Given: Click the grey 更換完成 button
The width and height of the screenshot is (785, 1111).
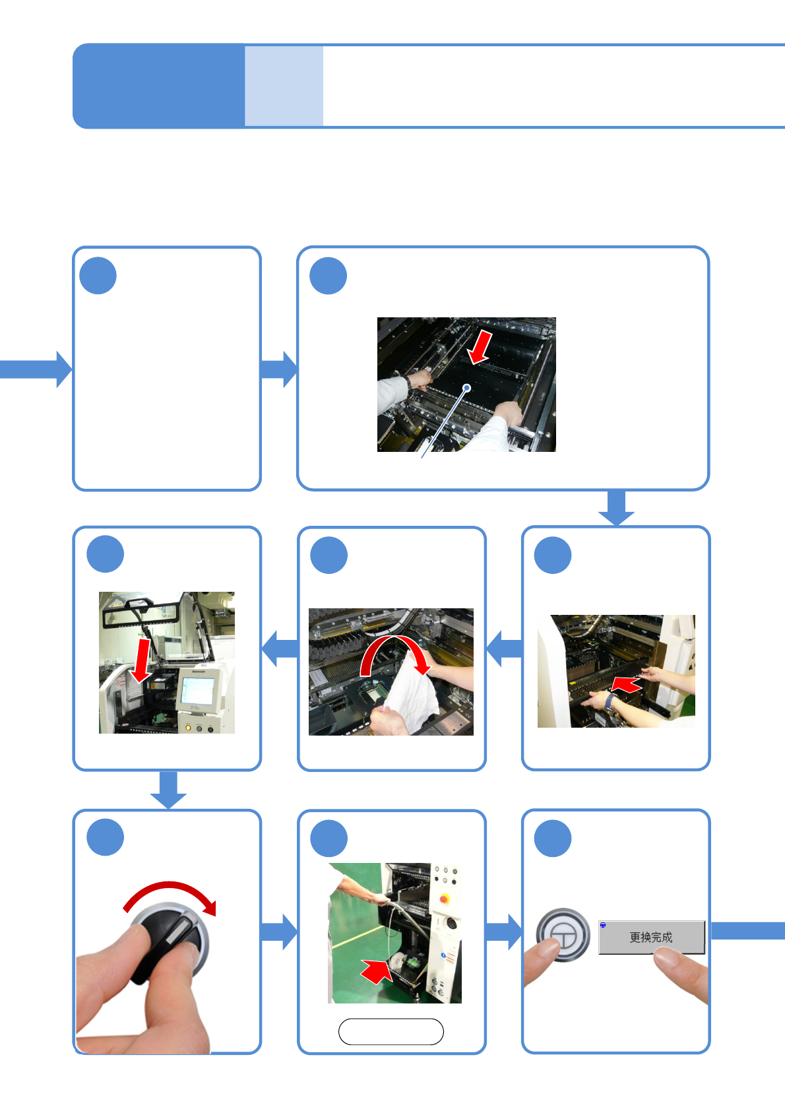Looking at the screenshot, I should click(x=651, y=937).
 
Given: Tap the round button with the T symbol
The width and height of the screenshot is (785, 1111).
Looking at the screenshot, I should click(x=563, y=935).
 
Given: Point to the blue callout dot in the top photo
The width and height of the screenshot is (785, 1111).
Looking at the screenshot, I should click(x=467, y=387).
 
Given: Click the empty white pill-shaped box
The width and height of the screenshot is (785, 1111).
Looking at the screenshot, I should click(x=391, y=1032).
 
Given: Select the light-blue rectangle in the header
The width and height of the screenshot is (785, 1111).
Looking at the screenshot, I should click(x=284, y=86).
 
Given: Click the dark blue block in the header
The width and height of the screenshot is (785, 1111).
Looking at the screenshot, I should click(x=158, y=86).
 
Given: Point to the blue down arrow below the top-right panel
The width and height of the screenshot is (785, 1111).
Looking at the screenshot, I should click(x=616, y=509).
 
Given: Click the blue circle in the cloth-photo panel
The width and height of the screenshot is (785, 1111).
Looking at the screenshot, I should click(x=329, y=555).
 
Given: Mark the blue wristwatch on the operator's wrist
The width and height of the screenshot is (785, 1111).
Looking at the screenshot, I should click(x=610, y=701).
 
